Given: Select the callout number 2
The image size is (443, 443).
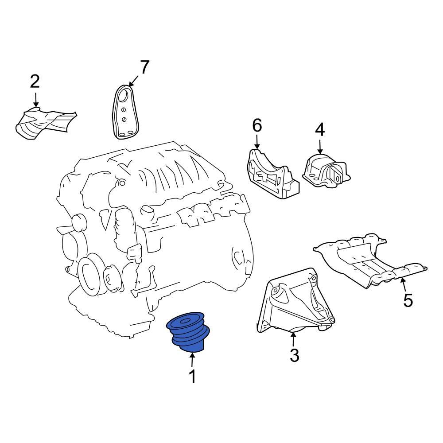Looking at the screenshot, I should pyautogui.click(x=35, y=82).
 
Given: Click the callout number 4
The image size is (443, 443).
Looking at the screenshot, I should pyautogui.click(x=320, y=130).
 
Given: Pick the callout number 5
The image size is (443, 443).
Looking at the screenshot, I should pyautogui.click(x=408, y=300).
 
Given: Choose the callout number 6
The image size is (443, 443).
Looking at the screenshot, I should pyautogui.click(x=257, y=126).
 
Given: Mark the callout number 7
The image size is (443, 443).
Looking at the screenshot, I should pyautogui.click(x=144, y=67).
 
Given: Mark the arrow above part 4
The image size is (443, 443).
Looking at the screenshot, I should pyautogui.click(x=320, y=146).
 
